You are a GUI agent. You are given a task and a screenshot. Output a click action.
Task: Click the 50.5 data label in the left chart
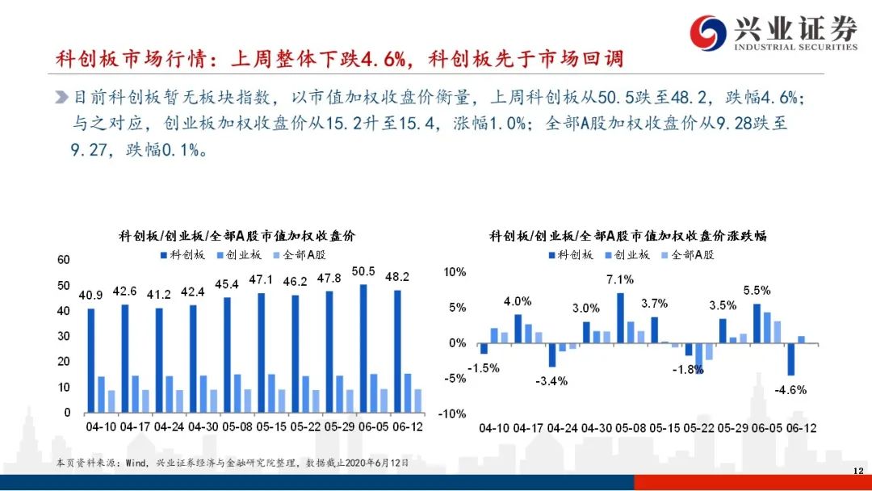coord(363,271)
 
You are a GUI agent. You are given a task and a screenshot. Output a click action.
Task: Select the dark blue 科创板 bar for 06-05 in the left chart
coord(363,349)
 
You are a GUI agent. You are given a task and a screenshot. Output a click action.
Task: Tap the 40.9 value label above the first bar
coord(90,296)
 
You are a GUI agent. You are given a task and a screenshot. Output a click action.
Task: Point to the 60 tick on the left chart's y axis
coord(64,260)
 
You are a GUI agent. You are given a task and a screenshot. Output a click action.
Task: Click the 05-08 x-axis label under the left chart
coord(237,427)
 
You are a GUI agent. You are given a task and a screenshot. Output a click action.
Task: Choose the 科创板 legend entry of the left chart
coord(183,254)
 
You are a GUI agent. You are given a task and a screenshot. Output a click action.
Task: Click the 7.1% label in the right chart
coord(620,279)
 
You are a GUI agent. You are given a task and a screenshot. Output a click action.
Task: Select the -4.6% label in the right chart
coord(790,390)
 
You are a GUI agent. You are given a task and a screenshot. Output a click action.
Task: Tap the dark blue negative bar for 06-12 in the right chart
coord(790,359)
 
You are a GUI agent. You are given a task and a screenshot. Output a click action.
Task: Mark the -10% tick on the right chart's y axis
coord(452,413)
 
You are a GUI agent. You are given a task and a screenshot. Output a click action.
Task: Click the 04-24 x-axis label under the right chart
coord(563,428)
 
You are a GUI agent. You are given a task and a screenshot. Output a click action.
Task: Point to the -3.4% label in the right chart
coord(551,381)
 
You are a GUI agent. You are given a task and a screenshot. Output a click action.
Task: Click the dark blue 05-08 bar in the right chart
coord(620,318)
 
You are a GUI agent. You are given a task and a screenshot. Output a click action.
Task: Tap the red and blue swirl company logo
coord(708,33)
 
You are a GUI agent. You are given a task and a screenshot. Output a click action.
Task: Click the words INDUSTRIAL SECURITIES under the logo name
coord(796,48)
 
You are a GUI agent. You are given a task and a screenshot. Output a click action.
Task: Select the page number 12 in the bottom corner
coord(858,471)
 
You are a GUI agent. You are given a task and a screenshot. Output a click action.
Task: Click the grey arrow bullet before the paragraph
coord(61,97)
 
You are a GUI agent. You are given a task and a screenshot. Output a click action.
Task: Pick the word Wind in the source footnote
coord(136,463)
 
